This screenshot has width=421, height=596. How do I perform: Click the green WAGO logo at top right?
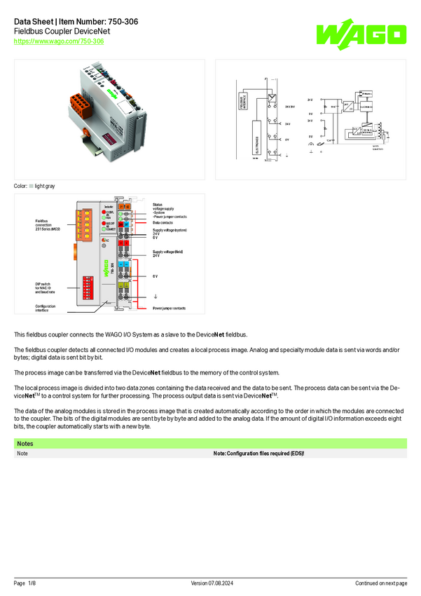(360, 34)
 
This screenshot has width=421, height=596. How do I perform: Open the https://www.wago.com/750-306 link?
(59, 42)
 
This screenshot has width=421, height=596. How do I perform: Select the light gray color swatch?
(32, 186)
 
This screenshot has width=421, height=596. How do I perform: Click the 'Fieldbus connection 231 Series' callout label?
(48, 224)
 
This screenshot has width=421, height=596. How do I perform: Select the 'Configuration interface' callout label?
(46, 308)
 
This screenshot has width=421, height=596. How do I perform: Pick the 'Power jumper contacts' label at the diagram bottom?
(170, 309)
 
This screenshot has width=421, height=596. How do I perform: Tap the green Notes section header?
(210, 444)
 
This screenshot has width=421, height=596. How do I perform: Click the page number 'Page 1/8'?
(25, 583)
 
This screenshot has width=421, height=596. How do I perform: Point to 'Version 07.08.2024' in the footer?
(210, 583)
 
